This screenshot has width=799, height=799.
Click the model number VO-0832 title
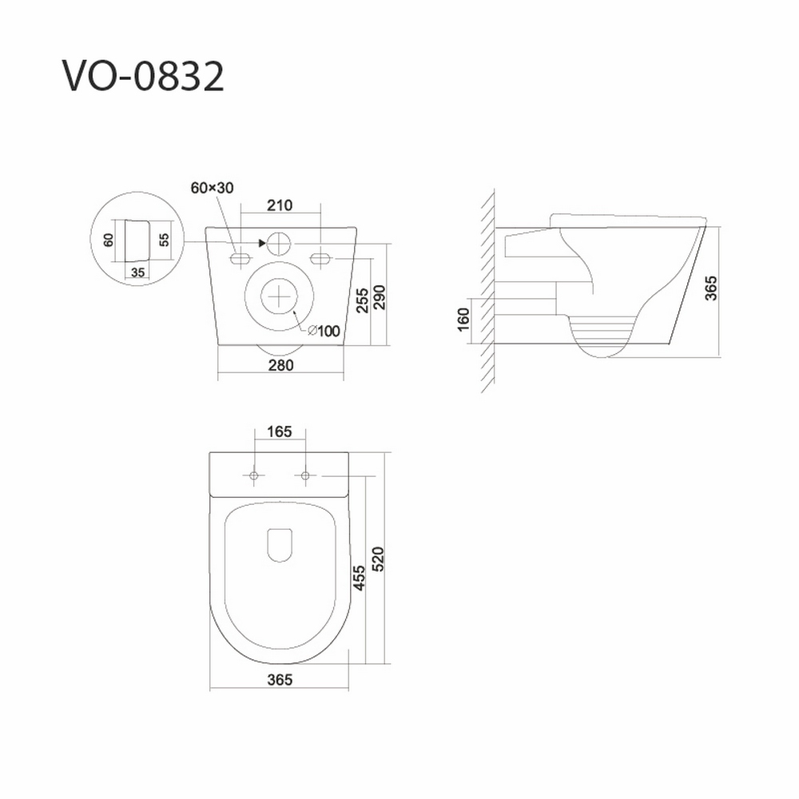tap(143, 77)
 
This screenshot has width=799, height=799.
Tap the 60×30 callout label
tap(212, 188)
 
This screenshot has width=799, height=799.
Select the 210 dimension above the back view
tap(280, 205)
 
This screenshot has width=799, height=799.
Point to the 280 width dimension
tap(280, 365)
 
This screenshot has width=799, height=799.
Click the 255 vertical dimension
tap(362, 300)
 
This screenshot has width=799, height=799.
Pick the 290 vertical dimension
tap(380, 297)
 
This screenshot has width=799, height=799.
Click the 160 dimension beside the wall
tap(463, 320)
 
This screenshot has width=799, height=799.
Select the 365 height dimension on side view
tap(711, 288)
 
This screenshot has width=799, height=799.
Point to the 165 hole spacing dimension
tap(280, 431)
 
